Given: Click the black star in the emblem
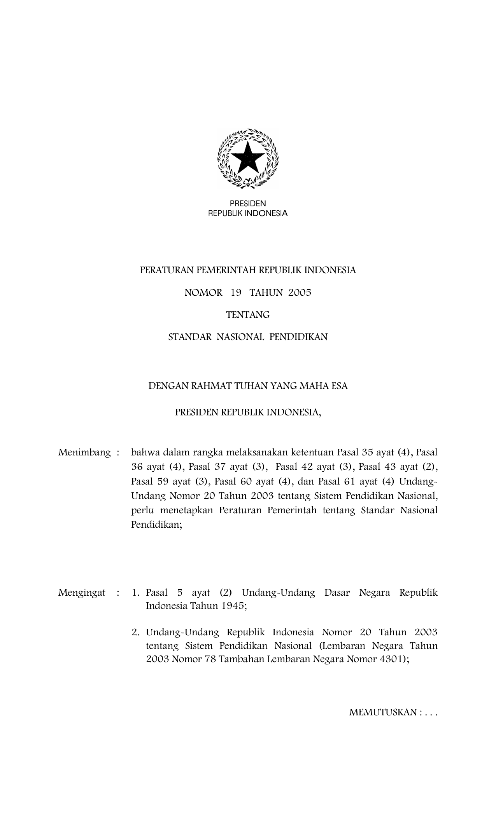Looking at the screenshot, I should [x=247, y=157].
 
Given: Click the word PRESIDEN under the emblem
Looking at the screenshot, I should [x=248, y=204].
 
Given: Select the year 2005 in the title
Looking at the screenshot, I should [x=300, y=293].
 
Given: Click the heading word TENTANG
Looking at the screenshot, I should [x=248, y=315].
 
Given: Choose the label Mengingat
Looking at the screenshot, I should [x=82, y=593].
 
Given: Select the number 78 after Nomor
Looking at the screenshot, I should [x=210, y=659].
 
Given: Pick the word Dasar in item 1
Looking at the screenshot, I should [x=337, y=593].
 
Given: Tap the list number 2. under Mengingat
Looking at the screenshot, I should [x=135, y=632].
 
